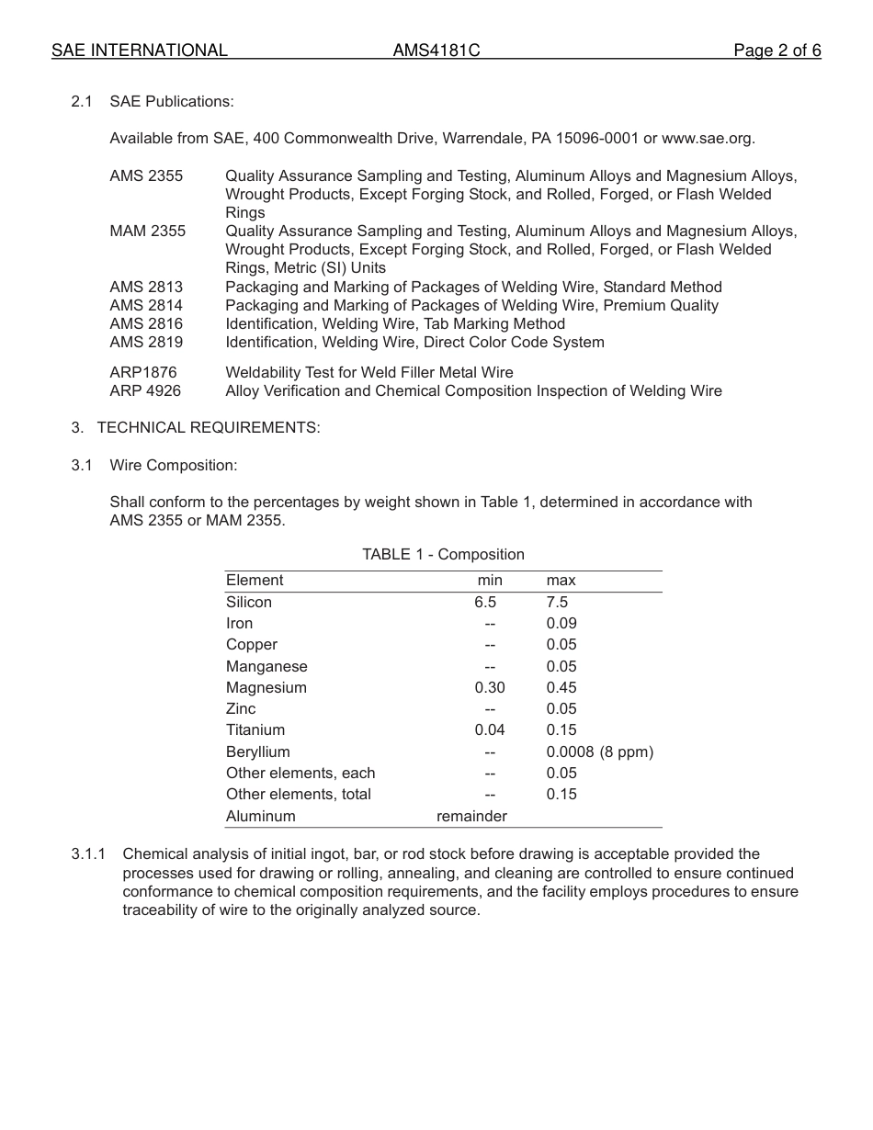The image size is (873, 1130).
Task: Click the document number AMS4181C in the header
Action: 436,51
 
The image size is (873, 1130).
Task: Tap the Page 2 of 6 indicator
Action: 777,51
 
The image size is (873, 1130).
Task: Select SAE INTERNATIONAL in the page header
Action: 140,51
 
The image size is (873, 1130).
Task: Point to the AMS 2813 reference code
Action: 146,288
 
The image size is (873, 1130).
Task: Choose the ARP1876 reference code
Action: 143,373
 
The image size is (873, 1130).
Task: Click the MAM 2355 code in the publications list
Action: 147,232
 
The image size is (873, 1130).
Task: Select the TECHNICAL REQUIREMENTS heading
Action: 209,428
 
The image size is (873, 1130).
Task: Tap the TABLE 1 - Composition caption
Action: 443,555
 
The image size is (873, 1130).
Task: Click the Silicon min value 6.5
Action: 485,603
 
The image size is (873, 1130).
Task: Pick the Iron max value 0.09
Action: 561,624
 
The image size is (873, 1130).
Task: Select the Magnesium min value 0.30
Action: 490,688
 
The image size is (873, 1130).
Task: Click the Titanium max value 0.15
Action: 561,730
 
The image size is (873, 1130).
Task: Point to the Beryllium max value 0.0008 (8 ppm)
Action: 599,752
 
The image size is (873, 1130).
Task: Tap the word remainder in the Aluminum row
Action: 471,817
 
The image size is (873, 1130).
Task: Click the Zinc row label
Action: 241,709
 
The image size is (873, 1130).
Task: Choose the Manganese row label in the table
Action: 266,667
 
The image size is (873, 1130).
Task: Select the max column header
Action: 561,581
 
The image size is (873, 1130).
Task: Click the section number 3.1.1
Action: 88,854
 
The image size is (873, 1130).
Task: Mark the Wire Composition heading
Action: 174,466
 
